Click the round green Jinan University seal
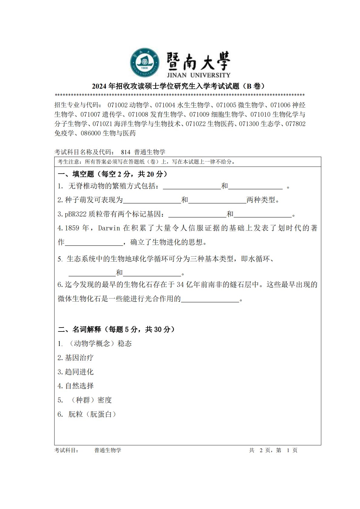pyautogui.click(x=145, y=62)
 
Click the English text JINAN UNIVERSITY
pyautogui.click(x=198, y=75)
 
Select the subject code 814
pyautogui.click(x=126, y=152)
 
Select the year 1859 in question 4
pyautogui.click(x=72, y=228)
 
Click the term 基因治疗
pyautogui.click(x=79, y=358)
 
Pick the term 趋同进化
pyautogui.click(x=79, y=372)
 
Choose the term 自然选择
pyautogui.click(x=79, y=386)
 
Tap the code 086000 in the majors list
pyautogui.click(x=91, y=133)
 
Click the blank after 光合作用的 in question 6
pyautogui.click(x=210, y=299)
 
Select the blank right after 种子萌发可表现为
pyautogui.click(x=152, y=200)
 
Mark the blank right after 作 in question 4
pyautogui.click(x=94, y=243)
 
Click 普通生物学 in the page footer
pyautogui.click(x=108, y=450)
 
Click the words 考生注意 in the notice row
pyautogui.click(x=68, y=162)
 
